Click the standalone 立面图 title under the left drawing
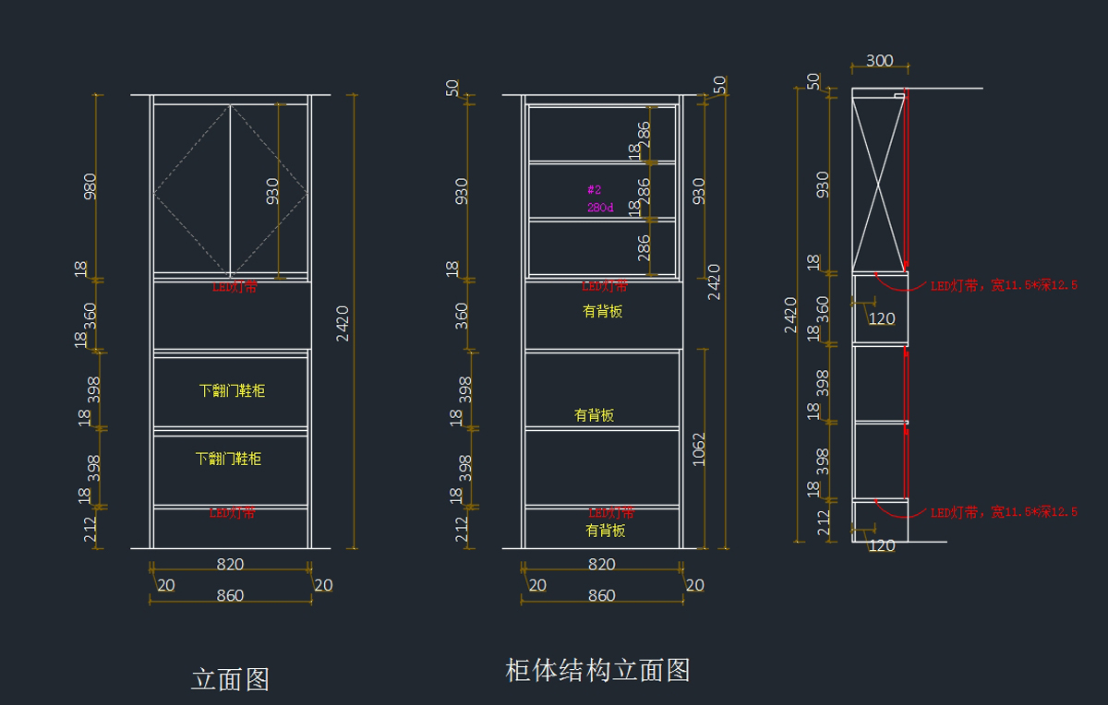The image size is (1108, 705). point(230,680)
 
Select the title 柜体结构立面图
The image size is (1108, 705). point(597,670)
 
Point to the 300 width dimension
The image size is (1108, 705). point(879,61)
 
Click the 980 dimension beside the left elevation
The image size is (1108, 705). point(90,186)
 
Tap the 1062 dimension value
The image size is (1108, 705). point(699,448)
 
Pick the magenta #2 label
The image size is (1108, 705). point(595,189)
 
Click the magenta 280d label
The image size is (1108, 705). point(600,208)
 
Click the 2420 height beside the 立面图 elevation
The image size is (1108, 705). point(343,323)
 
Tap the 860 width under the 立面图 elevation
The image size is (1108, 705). point(230,596)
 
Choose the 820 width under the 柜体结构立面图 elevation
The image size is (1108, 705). point(601,565)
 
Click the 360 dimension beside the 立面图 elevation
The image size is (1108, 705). point(90,315)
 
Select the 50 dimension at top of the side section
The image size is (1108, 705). point(813,81)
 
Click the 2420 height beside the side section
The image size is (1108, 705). point(790,315)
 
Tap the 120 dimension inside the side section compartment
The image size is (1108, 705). point(882,319)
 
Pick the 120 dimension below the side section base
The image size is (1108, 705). point(882,546)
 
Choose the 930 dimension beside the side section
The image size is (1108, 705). point(823,185)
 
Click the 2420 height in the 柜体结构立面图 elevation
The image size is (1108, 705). point(714,281)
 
